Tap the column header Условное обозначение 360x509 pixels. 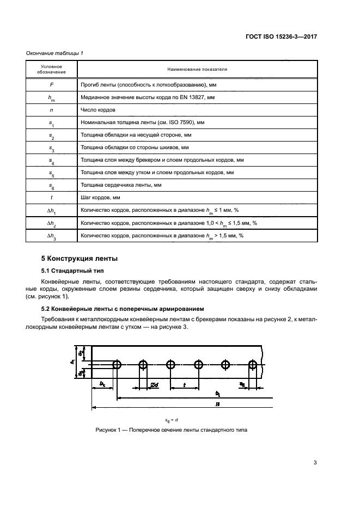pyautogui.click(x=52, y=69)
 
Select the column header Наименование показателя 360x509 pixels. pyautogui.click(x=197, y=70)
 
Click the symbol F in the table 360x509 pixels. pyautogui.click(x=52, y=85)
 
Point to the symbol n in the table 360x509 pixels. pyautogui.click(x=52, y=109)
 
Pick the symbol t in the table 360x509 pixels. pyautogui.click(x=52, y=198)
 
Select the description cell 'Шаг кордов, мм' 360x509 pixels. pyautogui.click(x=100, y=198)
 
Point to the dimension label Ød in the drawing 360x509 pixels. pyautogui.click(x=154, y=384)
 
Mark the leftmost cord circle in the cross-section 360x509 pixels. pyautogui.click(x=117, y=364)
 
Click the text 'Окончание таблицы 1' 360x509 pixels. pyautogui.click(x=54, y=53)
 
